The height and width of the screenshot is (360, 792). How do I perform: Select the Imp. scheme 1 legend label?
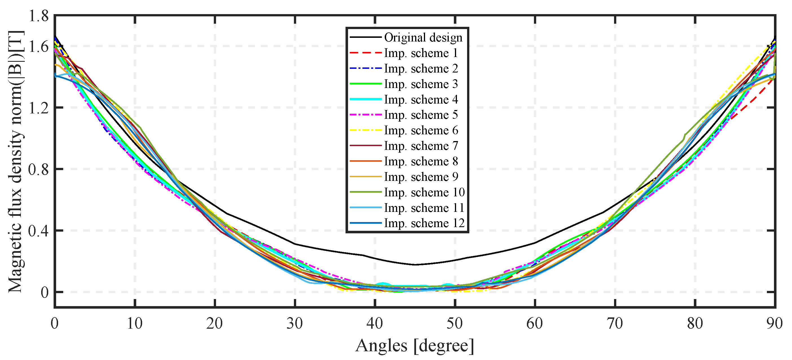(421, 53)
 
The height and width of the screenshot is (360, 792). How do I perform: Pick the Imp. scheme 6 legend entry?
(421, 130)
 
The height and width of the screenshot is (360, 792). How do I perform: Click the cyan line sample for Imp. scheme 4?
(366, 99)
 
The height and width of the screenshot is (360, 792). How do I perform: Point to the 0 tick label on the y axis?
(45, 292)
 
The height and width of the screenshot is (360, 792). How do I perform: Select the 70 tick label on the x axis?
(615, 323)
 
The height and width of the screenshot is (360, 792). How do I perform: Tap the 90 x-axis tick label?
(774, 323)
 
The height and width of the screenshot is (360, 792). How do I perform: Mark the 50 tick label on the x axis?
(455, 323)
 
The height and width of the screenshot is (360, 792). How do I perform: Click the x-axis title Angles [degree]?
(415, 346)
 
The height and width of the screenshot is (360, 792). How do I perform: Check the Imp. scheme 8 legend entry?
(421, 161)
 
